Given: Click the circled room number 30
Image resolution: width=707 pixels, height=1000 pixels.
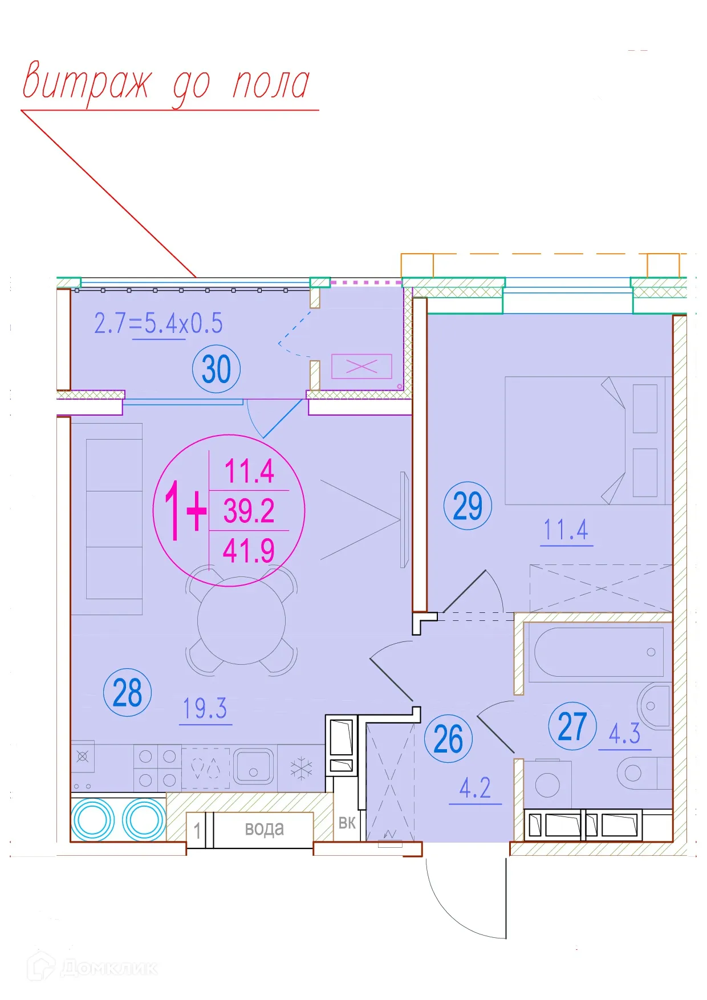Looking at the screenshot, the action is [217, 369].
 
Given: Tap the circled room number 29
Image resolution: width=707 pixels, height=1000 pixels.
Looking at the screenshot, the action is [468, 506].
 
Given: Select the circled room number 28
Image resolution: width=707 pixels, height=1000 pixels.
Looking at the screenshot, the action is [127, 693].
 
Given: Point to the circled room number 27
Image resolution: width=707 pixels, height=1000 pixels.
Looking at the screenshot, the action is [572, 726].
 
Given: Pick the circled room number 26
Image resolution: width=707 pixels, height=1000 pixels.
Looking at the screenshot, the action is [448, 739].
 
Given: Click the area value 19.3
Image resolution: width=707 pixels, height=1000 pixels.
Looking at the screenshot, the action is [205, 709].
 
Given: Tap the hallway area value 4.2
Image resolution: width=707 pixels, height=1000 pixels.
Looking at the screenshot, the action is [475, 788].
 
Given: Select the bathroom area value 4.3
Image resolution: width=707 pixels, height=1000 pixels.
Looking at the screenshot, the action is [624, 734].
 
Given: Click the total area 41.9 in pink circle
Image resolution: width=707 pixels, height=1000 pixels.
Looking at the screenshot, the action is [249, 551].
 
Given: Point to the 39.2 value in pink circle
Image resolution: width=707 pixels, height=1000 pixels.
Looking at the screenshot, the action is [249, 511].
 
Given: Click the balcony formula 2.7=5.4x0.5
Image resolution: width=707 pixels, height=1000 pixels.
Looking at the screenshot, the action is [158, 323].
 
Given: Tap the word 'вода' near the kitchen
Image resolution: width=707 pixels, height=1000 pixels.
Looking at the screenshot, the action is [265, 828].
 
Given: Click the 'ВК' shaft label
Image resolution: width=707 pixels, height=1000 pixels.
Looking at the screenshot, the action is [347, 823].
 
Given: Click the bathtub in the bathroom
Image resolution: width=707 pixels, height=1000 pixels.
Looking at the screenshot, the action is [596, 652].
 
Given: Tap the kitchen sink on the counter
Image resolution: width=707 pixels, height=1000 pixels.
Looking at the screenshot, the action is [254, 766].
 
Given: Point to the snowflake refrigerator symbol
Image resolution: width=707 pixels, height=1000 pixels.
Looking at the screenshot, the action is [301, 768].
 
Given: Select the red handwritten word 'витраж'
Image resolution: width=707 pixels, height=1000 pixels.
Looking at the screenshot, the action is [87, 83].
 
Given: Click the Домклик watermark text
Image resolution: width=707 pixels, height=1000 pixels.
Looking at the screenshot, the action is [108, 968].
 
